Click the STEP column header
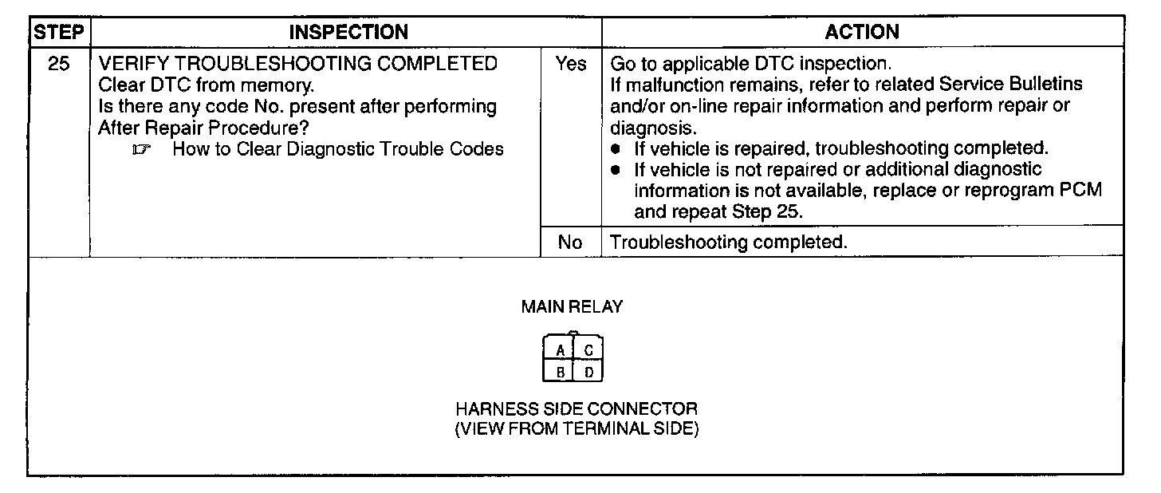tap(59, 33)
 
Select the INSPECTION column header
tap(348, 33)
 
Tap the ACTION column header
tap(862, 33)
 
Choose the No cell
tap(570, 243)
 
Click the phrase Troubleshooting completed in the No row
tap(727, 243)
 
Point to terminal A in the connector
tap(561, 350)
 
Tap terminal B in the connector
tap(561, 371)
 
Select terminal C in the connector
tap(588, 350)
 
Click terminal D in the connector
tap(588, 371)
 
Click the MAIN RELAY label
tap(572, 306)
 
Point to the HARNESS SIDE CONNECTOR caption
tap(576, 409)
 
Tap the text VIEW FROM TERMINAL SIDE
tap(576, 429)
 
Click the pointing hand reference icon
tap(144, 149)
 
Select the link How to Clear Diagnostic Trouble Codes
tap(338, 148)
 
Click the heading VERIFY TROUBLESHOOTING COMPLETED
tap(297, 64)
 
